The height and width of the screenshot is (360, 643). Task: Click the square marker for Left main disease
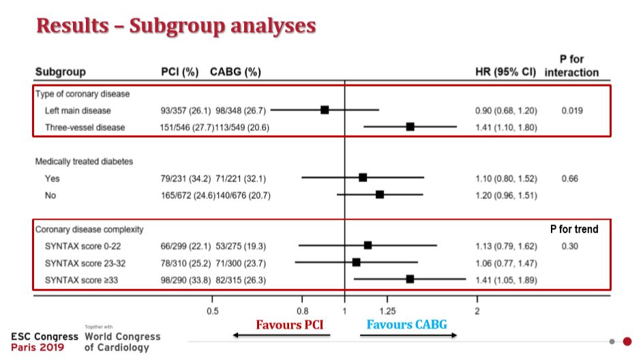[x=325, y=110]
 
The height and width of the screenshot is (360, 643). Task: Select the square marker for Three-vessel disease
[x=410, y=127]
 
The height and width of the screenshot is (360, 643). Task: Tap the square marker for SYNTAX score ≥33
[x=410, y=279]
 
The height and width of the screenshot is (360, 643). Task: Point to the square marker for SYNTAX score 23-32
[x=356, y=262]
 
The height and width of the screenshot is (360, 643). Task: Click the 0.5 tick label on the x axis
[x=212, y=311]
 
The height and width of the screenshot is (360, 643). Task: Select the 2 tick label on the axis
[x=477, y=311]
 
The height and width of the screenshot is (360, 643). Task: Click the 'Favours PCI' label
[x=290, y=324]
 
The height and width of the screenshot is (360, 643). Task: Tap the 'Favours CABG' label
[x=407, y=324]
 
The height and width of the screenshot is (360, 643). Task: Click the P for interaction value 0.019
[x=572, y=110]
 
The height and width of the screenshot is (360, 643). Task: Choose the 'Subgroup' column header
[x=61, y=72]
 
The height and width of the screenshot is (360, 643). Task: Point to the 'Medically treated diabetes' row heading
[x=84, y=162]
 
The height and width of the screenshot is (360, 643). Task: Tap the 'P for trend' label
[x=574, y=229]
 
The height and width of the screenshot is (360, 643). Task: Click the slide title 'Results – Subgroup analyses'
[x=176, y=25]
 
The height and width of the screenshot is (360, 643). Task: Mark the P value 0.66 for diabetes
[x=569, y=179]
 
